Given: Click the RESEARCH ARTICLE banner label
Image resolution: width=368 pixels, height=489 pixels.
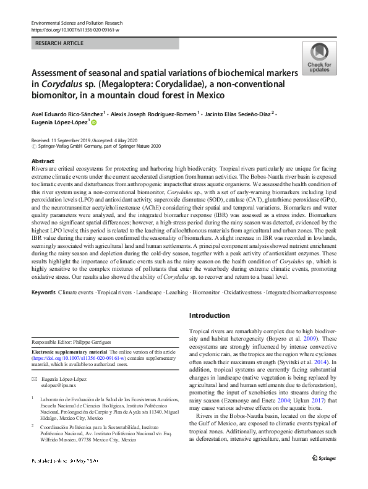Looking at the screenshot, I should pos(59,44).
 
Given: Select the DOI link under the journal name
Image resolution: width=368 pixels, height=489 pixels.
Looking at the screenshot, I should pos(75,29).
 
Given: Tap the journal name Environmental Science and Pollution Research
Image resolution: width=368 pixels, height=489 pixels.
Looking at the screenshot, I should pos(82,22).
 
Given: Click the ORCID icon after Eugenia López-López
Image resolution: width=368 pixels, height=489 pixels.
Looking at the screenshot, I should pos(94,124).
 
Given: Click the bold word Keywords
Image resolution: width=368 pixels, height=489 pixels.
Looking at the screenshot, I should pos(43,292).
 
